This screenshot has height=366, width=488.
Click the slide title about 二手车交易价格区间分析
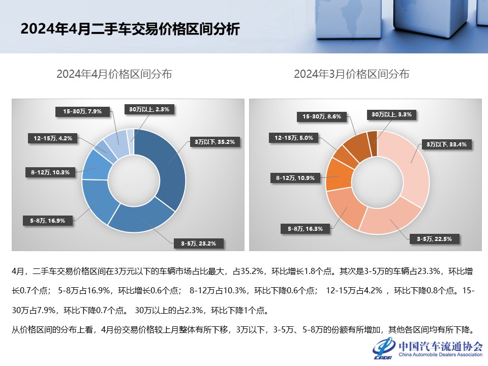tap(130, 29)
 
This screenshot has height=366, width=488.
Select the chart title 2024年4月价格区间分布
tap(114, 74)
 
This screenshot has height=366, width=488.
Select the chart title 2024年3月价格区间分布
tap(352, 74)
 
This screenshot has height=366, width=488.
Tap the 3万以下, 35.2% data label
tap(214, 142)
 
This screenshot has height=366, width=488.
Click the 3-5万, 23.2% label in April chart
tap(198, 243)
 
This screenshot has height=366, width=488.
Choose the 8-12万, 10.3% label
tap(50, 172)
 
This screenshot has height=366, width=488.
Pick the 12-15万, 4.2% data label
tap(53, 138)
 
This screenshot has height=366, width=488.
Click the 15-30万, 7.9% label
tap(82, 111)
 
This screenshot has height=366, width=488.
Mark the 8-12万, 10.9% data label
tap(295, 178)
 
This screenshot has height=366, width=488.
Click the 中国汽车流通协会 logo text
tap(440, 346)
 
